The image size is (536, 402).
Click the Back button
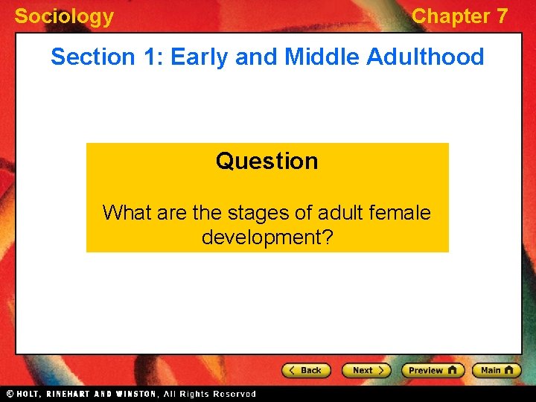pos(306,370)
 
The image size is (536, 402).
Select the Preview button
pos(433,370)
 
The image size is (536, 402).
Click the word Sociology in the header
pos(64,16)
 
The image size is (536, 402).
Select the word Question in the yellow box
pos(267,161)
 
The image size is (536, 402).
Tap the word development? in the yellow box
pos(267,237)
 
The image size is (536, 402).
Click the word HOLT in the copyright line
pos(28,394)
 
